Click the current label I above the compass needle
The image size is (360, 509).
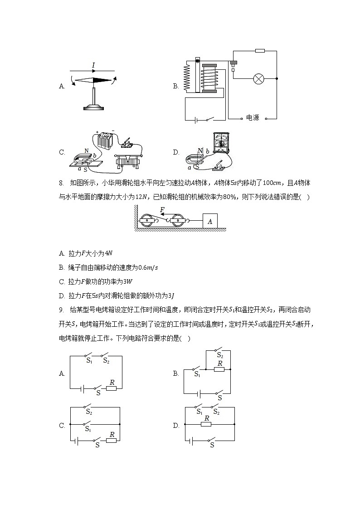pyautogui.click(x=93, y=66)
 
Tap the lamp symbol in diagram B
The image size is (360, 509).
pyautogui.click(x=258, y=79)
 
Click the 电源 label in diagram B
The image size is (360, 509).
pyautogui.click(x=253, y=118)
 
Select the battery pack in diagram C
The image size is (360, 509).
pyautogui.click(x=105, y=141)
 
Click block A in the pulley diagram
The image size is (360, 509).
pyautogui.click(x=209, y=221)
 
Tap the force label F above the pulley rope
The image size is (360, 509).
pyautogui.click(x=162, y=209)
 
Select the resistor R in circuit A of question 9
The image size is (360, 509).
pyautogui.click(x=112, y=388)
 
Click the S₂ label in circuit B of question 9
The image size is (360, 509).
pyautogui.click(x=220, y=355)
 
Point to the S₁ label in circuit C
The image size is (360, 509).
pyautogui.click(x=88, y=429)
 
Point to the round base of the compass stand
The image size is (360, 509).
pyautogui.click(x=94, y=107)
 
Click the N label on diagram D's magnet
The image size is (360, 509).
pyautogui.click(x=200, y=150)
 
